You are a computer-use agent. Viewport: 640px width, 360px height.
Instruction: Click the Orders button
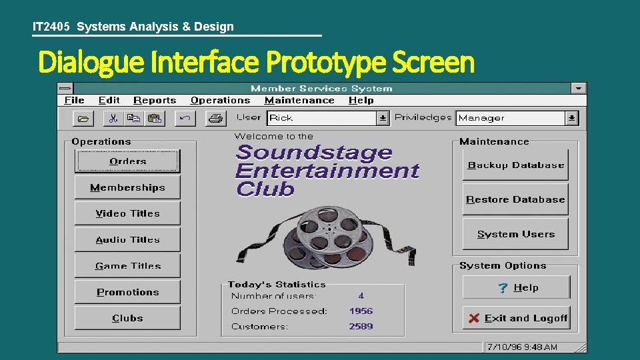127,161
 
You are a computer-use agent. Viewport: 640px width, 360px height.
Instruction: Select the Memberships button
127,187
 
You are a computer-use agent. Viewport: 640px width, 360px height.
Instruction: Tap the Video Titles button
127,213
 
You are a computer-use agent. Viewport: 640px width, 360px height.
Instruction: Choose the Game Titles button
127,265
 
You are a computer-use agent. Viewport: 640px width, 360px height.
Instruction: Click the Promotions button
127,292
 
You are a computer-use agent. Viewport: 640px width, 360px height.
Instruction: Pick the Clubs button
127,318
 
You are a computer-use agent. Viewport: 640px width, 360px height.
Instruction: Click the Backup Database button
515,165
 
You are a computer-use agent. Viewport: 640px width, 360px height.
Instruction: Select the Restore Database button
515,199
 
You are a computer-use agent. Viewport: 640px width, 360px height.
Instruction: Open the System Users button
515,234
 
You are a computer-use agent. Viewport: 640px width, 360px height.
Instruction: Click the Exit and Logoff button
517,318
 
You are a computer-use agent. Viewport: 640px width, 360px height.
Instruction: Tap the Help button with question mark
517,287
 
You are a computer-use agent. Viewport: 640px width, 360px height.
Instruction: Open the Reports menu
155,101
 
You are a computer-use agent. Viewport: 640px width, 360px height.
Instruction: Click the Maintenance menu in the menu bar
299,101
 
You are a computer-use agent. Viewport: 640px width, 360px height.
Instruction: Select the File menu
74,101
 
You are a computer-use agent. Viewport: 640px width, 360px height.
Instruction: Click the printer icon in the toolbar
215,119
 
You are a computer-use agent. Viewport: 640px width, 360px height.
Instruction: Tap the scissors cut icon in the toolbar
113,119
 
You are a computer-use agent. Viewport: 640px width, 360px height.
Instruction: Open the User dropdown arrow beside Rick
383,118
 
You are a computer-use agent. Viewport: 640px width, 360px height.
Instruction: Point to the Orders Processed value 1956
361,311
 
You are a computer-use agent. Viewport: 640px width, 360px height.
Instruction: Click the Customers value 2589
361,327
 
